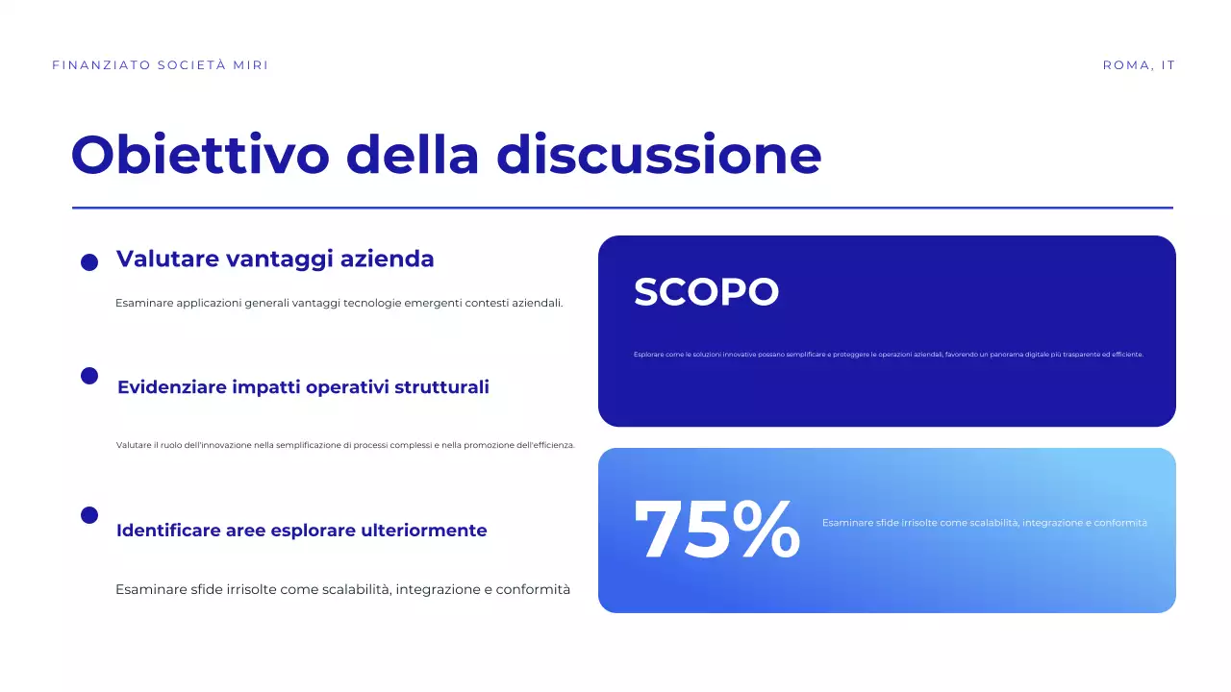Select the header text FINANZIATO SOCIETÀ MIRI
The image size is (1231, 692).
(x=161, y=65)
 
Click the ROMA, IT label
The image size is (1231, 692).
(x=1139, y=65)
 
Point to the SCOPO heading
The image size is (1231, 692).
(x=706, y=292)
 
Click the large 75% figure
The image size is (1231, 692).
(x=716, y=530)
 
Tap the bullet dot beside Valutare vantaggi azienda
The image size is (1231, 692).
(x=89, y=262)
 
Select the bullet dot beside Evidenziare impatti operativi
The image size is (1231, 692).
(x=89, y=376)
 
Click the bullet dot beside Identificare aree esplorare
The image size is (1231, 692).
(x=89, y=515)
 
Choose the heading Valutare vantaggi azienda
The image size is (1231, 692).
(x=275, y=259)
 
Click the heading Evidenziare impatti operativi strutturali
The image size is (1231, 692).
(x=303, y=387)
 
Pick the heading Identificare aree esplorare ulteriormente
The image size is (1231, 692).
(x=301, y=531)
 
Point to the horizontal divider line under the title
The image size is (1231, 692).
(x=622, y=208)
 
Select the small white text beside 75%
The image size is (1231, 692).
(x=984, y=523)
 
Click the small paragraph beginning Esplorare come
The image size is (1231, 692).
(x=888, y=355)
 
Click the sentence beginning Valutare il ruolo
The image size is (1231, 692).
(x=345, y=445)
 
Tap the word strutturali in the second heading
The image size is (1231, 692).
(x=445, y=387)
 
